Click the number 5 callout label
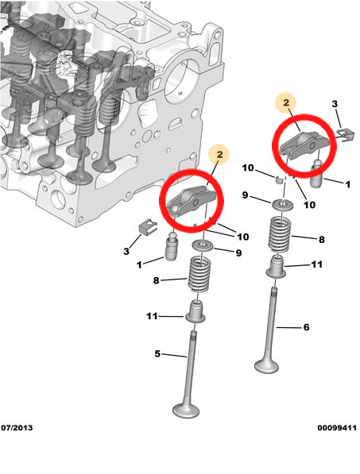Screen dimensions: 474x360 pos(159,354)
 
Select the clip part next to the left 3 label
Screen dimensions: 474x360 pos(144,226)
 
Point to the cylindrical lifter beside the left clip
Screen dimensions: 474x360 pos(172,246)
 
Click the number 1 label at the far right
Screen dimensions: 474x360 pos(348,184)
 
